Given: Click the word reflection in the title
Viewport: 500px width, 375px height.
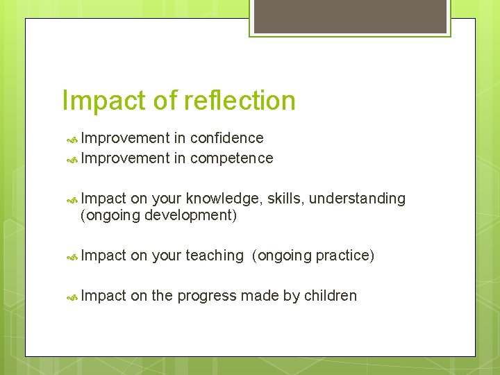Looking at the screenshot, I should pos(240,101).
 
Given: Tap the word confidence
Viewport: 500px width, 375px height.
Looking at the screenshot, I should pos(226,138).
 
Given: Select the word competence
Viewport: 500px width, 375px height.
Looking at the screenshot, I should pos(231,158).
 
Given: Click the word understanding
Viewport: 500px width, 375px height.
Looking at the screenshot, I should pos(357,199).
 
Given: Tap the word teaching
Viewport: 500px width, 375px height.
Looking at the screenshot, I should pos(214,256).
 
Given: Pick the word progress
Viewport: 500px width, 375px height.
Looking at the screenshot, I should pos(207,297).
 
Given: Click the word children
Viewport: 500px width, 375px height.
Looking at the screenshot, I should pos(331,296).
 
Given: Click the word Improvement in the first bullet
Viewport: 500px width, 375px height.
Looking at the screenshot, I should pos(126,138).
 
